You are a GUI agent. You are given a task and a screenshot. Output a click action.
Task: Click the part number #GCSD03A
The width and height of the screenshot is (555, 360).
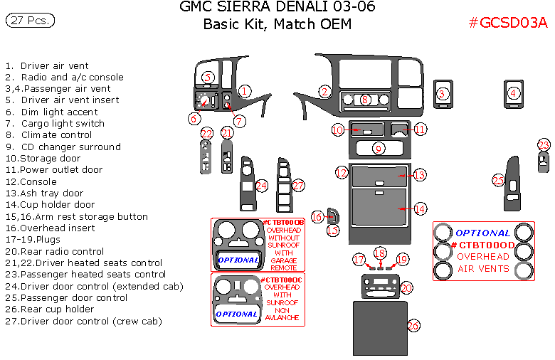(508, 23)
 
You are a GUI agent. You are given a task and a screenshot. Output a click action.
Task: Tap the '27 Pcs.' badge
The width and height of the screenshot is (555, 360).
(30, 21)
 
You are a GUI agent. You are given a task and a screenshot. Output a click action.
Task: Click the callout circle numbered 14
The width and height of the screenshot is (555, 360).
(421, 208)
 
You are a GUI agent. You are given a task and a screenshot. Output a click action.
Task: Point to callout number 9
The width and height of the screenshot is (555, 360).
(379, 148)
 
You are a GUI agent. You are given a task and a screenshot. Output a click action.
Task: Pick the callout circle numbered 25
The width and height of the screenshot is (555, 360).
(499, 181)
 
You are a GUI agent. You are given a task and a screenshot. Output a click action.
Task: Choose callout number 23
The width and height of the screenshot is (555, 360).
(544, 145)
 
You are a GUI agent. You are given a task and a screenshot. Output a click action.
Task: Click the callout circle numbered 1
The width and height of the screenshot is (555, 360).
(244, 91)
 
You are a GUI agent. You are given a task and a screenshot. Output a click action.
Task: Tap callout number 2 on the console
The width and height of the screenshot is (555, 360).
(324, 91)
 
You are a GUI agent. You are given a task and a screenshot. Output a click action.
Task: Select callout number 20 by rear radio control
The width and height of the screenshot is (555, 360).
(406, 287)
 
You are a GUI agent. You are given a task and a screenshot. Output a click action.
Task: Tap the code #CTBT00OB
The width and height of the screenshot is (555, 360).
(284, 223)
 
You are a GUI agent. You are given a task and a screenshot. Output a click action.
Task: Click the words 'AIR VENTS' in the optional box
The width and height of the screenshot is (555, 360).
(483, 269)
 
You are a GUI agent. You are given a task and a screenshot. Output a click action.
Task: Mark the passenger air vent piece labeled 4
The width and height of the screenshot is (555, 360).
(513, 94)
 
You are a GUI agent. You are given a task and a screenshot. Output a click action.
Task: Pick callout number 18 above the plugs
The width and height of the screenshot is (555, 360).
(381, 253)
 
